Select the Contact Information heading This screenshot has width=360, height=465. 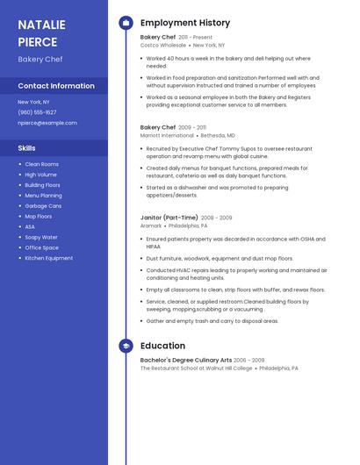click(56, 86)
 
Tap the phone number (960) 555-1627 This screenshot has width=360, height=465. click(37, 112)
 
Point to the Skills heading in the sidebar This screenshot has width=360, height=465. click(27, 148)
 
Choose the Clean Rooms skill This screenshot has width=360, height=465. click(41, 164)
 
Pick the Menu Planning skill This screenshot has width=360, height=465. click(43, 196)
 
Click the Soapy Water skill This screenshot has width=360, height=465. click(41, 237)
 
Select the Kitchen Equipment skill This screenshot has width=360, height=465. click(48, 258)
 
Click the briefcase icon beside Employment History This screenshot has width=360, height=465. click(126, 23)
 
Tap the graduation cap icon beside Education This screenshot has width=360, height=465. click(126, 346)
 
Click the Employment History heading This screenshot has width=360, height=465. click(185, 23)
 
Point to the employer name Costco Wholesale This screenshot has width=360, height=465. click(163, 45)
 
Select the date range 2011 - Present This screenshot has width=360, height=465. click(196, 38)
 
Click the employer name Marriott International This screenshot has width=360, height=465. click(167, 136)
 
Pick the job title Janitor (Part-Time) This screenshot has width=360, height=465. click(169, 217)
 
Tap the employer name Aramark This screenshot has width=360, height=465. click(151, 225)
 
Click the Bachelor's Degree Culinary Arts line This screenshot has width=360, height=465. click(186, 360)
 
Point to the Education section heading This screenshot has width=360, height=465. click(162, 346)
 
